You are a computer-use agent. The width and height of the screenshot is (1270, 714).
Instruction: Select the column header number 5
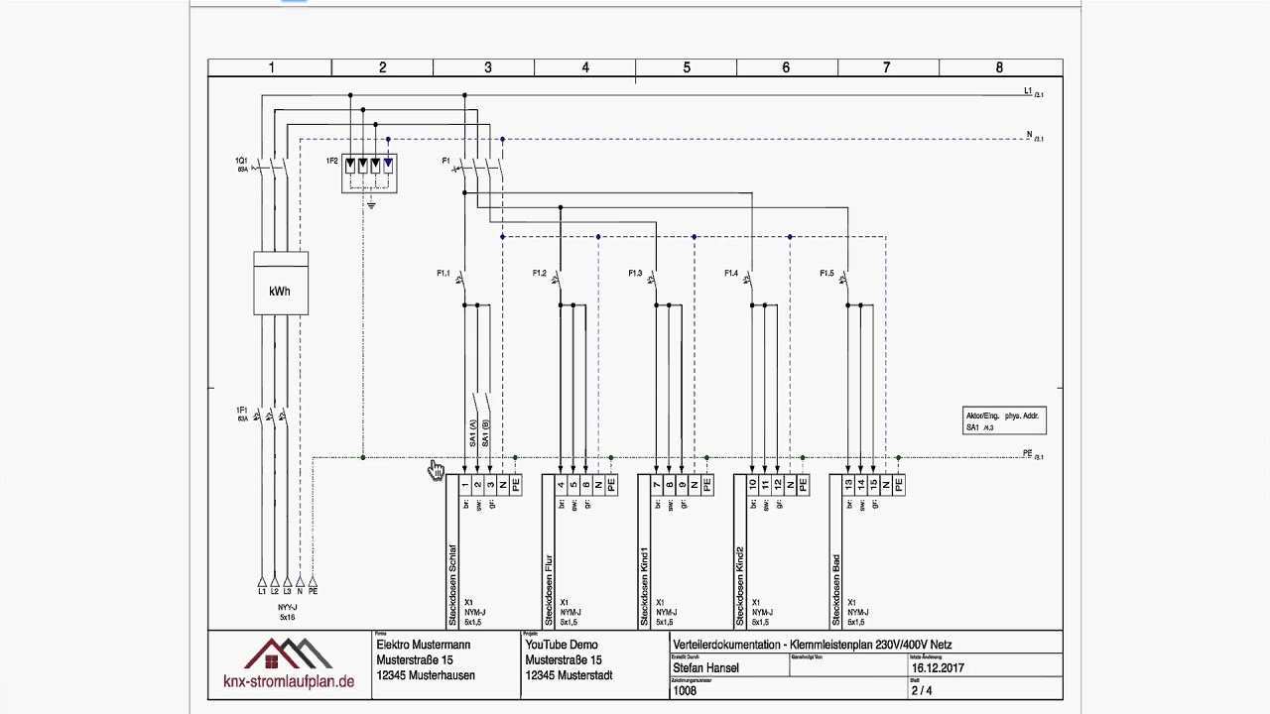pos(687,67)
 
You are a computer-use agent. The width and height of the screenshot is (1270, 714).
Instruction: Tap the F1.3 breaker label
pos(635,273)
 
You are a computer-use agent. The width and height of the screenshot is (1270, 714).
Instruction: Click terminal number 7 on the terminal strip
pos(656,485)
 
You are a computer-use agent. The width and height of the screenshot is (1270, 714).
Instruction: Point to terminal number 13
pos(848,485)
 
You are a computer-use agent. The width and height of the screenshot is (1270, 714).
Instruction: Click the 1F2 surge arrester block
pos(369,171)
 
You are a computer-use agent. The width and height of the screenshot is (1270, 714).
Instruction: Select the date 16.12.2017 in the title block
pos(938,667)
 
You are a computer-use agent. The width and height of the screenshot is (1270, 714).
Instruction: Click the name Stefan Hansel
pos(705,667)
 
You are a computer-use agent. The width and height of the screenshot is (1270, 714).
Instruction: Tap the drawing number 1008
pos(685,691)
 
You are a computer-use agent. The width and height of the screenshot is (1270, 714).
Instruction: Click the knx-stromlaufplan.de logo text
pos(288,681)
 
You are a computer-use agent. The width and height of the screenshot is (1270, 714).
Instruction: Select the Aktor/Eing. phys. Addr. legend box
pos(1004,420)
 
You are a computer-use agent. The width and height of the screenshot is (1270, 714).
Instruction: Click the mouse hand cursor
pos(437,470)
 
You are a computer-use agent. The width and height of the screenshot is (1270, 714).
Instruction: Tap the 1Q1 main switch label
pos(241,161)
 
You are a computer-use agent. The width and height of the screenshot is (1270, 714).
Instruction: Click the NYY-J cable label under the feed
pos(287,607)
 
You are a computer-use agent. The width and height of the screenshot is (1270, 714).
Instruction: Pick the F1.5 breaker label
pos(826,273)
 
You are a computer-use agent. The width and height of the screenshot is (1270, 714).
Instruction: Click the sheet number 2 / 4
pos(922,690)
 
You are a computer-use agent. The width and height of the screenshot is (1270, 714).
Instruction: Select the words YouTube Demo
pos(562,645)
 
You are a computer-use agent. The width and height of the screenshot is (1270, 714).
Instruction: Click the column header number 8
pos(999,67)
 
